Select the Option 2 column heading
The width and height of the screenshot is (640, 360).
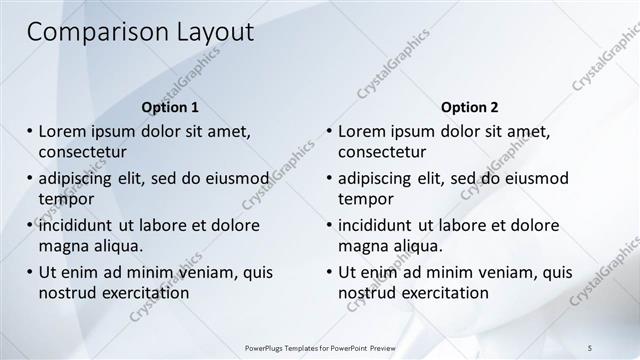click(x=469, y=107)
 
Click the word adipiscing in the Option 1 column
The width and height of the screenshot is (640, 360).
click(x=76, y=179)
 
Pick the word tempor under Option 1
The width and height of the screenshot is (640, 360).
click(x=66, y=198)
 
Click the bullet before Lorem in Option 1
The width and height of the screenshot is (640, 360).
click(x=30, y=132)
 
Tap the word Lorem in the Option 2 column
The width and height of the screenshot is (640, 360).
click(x=362, y=132)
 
